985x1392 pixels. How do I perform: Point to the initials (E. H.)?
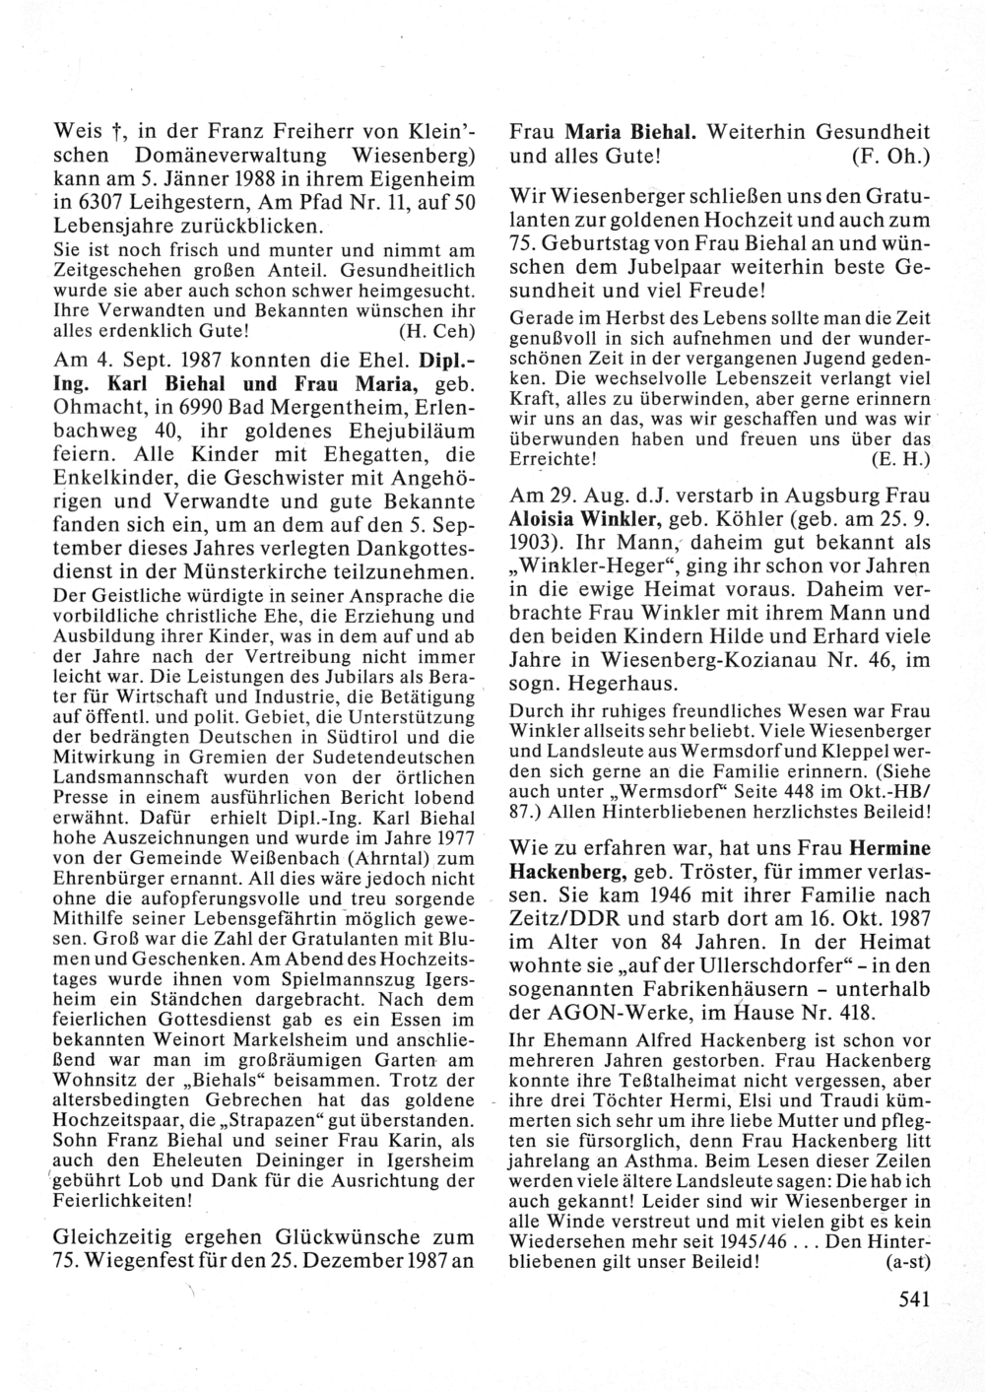[901, 460]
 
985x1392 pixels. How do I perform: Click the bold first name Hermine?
[890, 847]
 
